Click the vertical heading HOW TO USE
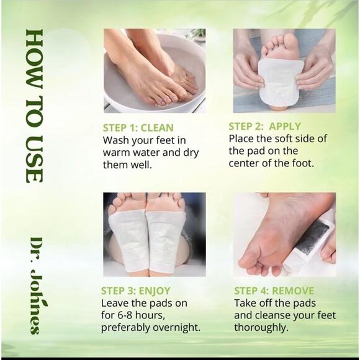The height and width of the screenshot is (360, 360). [34, 106]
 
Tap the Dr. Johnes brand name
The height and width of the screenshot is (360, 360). [37, 285]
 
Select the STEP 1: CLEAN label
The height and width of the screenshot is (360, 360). [138, 128]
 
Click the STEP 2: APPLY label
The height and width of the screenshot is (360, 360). [265, 126]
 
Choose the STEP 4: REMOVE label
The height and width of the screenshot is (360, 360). [274, 290]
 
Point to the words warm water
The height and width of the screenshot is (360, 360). [132, 153]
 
